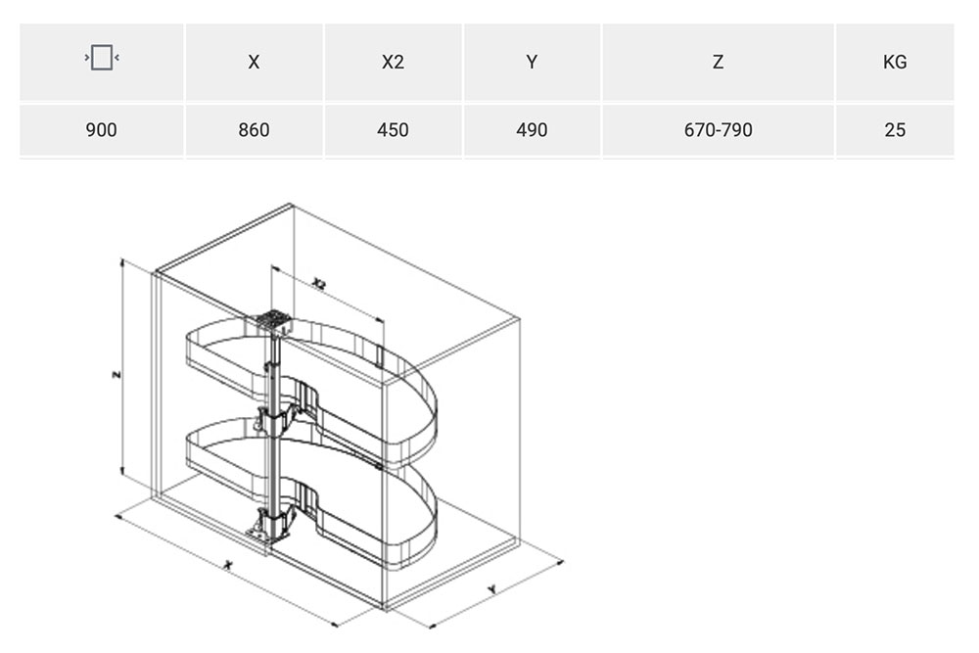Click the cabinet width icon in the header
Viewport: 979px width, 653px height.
coord(102,58)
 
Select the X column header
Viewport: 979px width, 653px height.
coord(254,62)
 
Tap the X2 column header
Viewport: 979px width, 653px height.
coord(393,62)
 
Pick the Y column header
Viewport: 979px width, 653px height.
coord(532,62)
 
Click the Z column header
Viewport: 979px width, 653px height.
coord(718,62)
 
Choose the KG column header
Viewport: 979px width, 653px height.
coord(895,62)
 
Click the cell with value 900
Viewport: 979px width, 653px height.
coord(101,130)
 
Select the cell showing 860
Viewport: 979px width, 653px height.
coord(254,130)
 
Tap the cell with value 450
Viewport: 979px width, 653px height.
coord(393,130)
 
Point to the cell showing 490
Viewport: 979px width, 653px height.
coord(532,130)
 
